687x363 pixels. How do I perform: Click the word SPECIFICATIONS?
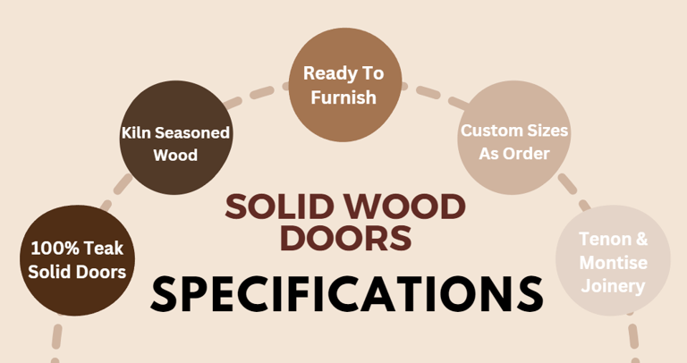pos(347,293)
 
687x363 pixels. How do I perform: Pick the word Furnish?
pos(343,97)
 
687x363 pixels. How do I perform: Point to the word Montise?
pos(613,263)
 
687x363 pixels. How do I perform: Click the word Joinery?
pos(613,286)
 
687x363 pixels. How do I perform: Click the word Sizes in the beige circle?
pos(545,131)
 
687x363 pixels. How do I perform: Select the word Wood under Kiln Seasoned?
pos(175,156)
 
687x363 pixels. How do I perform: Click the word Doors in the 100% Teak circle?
pos(101,271)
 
